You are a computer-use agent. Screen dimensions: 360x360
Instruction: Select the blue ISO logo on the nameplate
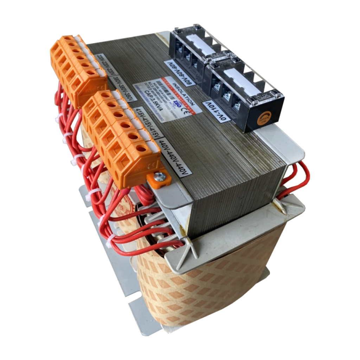pos(177,103)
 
